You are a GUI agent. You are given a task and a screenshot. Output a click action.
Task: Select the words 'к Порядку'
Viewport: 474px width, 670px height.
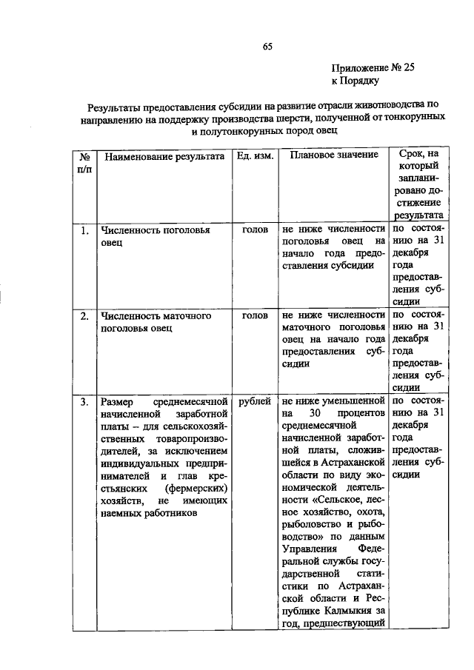(x=355, y=81)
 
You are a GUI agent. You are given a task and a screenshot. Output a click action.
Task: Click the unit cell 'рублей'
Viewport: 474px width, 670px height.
(x=255, y=402)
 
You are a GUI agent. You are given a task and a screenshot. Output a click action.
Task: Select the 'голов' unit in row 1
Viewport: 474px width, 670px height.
(x=255, y=231)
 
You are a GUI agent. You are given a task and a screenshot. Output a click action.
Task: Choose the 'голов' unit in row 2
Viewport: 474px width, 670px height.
(x=255, y=316)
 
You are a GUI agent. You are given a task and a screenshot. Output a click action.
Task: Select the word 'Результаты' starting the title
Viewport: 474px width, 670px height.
(x=115, y=106)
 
